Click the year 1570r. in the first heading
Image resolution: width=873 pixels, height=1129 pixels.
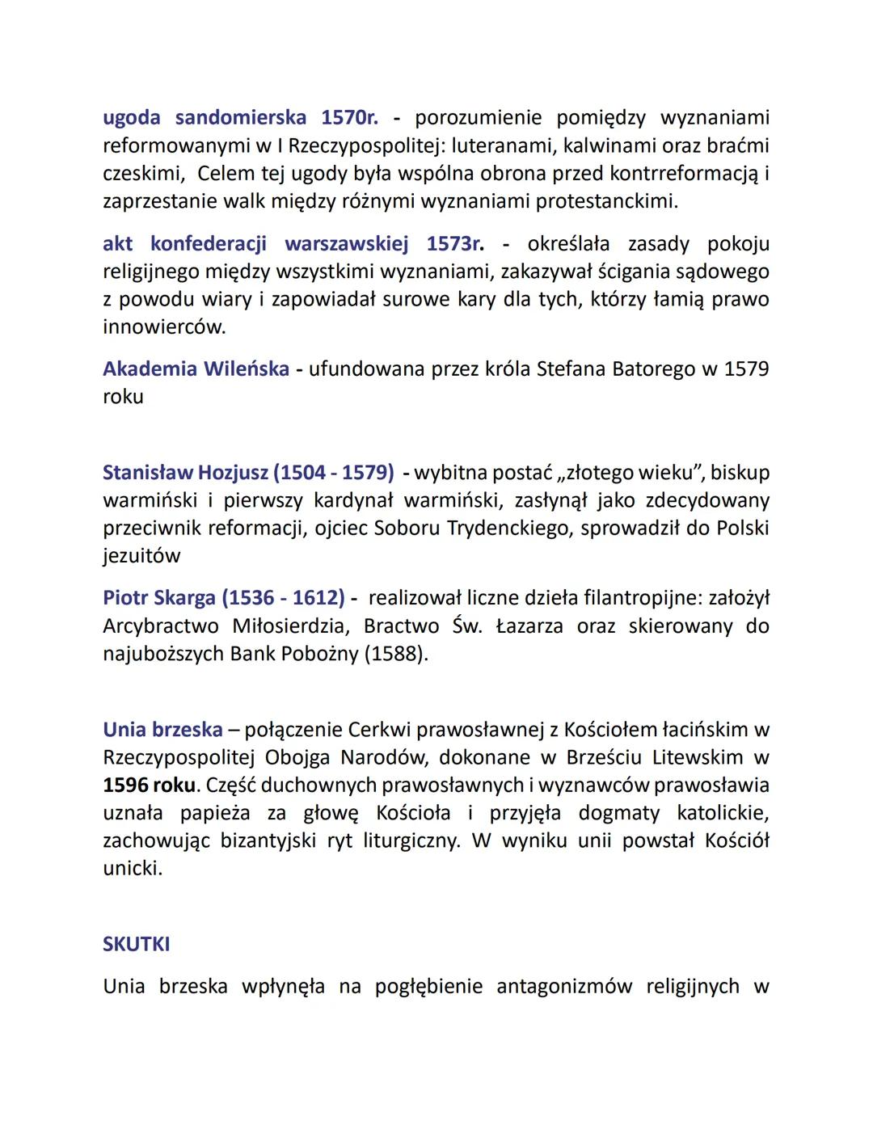tap(349, 118)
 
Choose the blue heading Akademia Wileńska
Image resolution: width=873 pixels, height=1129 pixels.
tap(196, 369)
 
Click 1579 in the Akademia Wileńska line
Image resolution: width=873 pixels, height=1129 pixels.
tap(746, 369)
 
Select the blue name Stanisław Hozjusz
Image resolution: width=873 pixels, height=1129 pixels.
tap(185, 473)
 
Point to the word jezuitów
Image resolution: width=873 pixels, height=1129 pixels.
tap(141, 556)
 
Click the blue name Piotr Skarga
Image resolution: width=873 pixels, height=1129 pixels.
tap(158, 599)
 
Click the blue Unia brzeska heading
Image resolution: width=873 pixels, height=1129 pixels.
tap(162, 730)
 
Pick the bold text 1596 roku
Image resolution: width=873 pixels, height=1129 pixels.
tap(149, 786)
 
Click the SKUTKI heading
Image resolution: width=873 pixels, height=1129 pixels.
tap(136, 945)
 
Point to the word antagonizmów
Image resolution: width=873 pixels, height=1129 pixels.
tap(564, 987)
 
